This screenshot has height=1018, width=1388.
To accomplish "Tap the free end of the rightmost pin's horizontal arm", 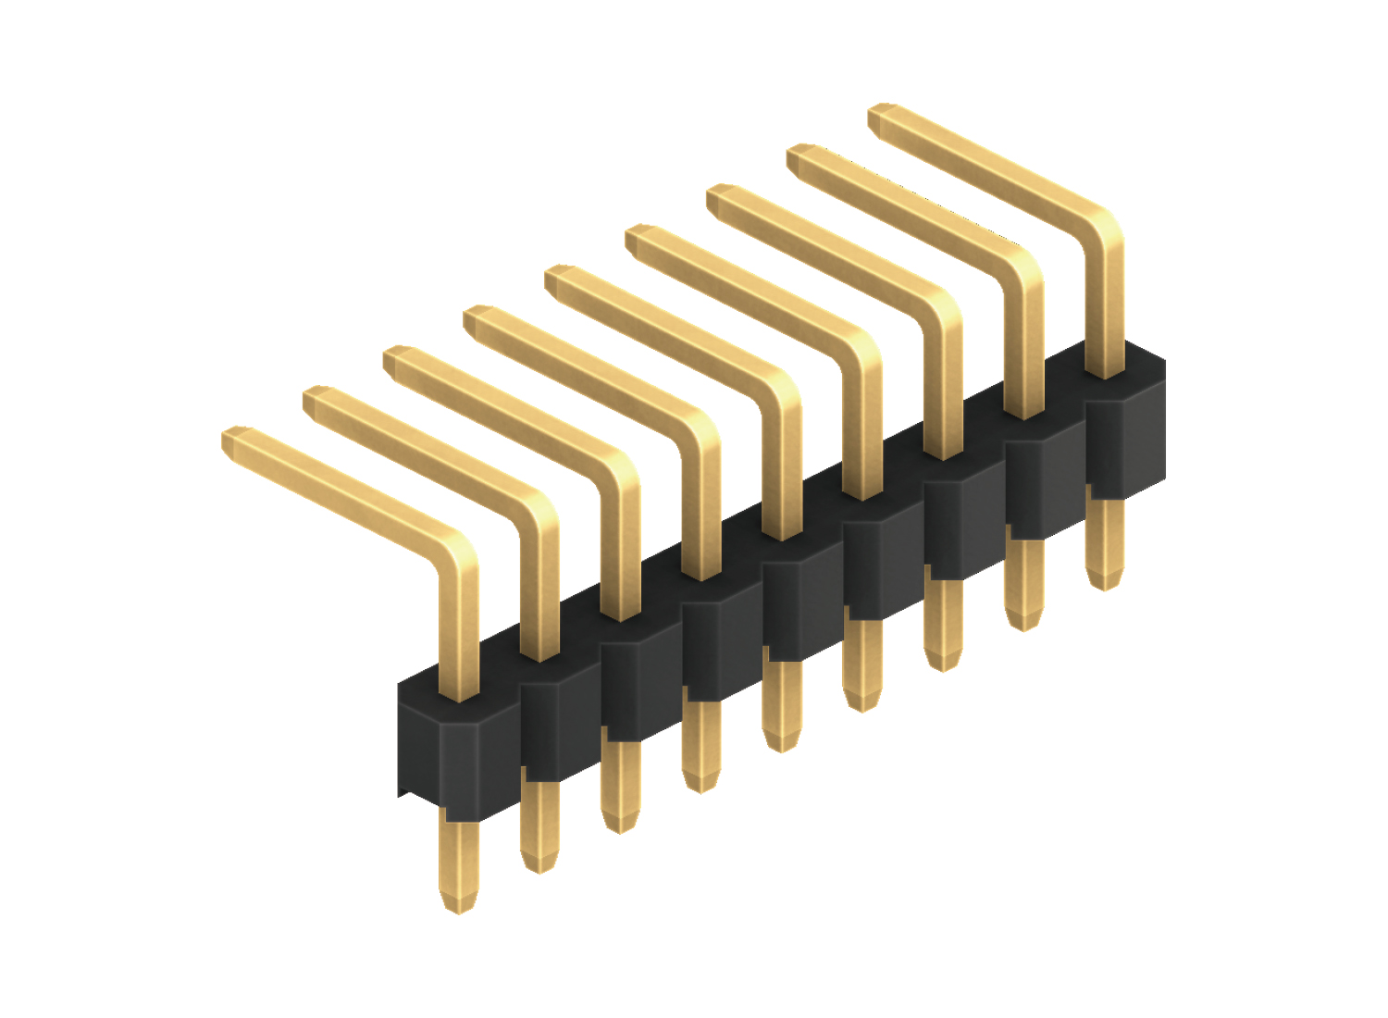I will click(x=882, y=117).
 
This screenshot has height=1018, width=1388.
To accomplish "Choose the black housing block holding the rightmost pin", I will click(x=1124, y=435).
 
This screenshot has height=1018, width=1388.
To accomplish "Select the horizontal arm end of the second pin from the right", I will click(x=801, y=157).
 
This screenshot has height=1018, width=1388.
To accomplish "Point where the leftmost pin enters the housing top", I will click(x=458, y=696).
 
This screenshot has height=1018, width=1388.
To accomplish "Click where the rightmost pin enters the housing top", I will click(x=1104, y=374).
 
